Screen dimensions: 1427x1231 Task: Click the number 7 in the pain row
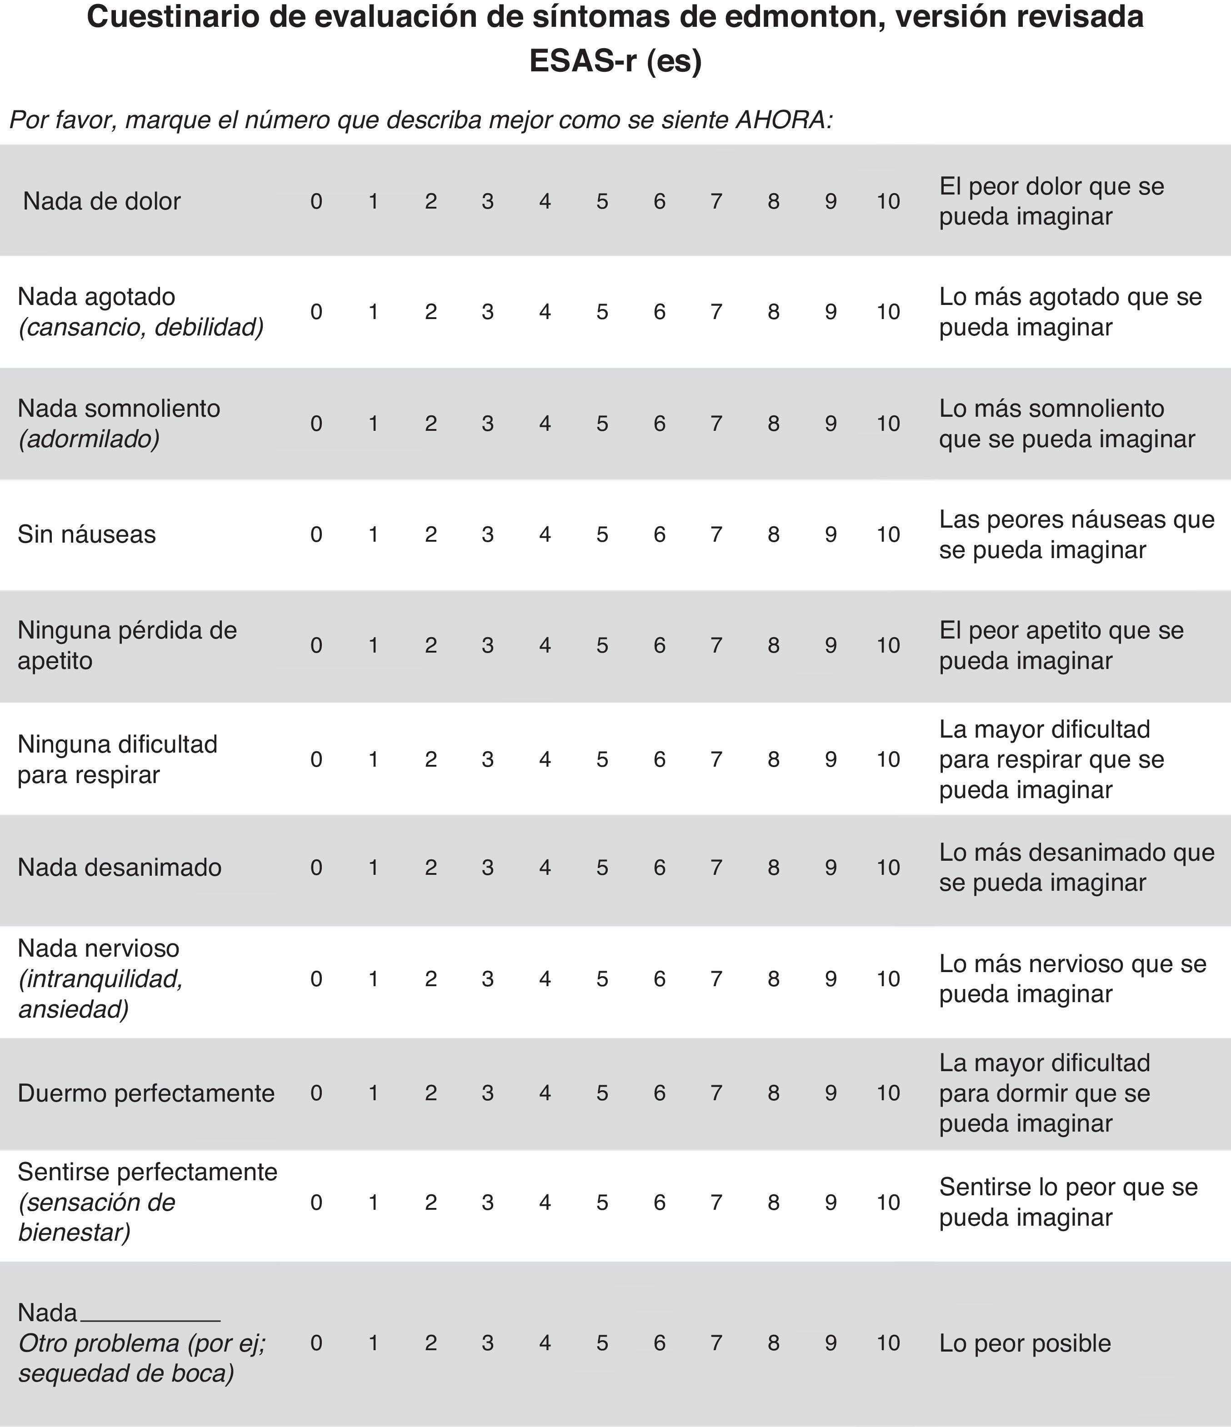(716, 201)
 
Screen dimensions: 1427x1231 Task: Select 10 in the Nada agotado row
(888, 312)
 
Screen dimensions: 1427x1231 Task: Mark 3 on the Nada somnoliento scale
(488, 424)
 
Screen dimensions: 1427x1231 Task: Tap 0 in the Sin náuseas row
(316, 534)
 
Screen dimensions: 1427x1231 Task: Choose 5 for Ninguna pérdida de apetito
(602, 645)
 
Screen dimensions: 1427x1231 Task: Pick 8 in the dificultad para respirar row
(774, 759)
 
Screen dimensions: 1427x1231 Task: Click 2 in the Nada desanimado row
(430, 867)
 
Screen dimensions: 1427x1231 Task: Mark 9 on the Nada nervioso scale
(831, 978)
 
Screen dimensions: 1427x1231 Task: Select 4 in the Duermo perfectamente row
(545, 1093)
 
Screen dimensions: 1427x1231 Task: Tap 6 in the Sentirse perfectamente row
(659, 1202)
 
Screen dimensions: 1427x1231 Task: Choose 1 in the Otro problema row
(373, 1343)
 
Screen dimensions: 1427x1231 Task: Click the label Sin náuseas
(87, 534)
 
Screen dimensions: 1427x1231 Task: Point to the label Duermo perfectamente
(146, 1093)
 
